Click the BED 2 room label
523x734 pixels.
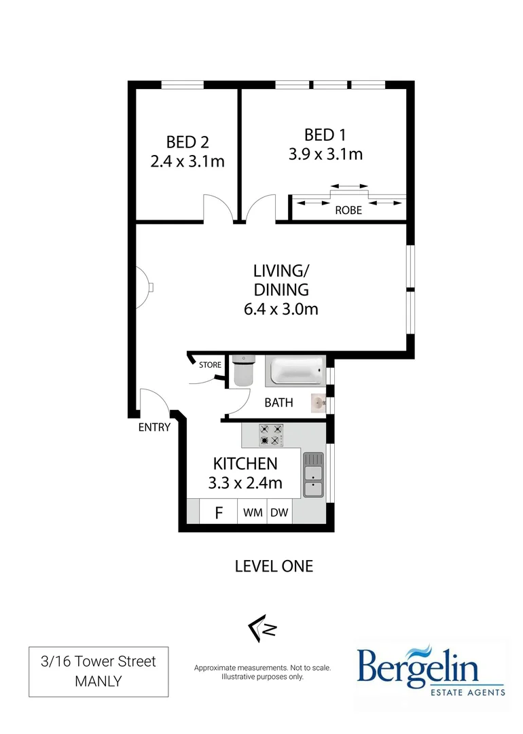(x=187, y=142)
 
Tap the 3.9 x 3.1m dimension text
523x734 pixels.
(x=325, y=154)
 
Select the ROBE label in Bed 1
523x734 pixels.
(x=348, y=211)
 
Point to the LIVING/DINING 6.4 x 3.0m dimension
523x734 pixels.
(x=281, y=309)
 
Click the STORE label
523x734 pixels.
(x=210, y=365)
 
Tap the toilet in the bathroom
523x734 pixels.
(x=242, y=372)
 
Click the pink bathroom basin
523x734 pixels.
(x=319, y=404)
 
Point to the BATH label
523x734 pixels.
(x=278, y=402)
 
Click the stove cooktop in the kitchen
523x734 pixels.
(x=271, y=435)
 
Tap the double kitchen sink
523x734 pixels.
(x=313, y=474)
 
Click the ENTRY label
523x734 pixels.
(x=154, y=427)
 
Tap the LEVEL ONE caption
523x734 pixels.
(x=274, y=565)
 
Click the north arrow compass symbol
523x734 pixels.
(x=262, y=629)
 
